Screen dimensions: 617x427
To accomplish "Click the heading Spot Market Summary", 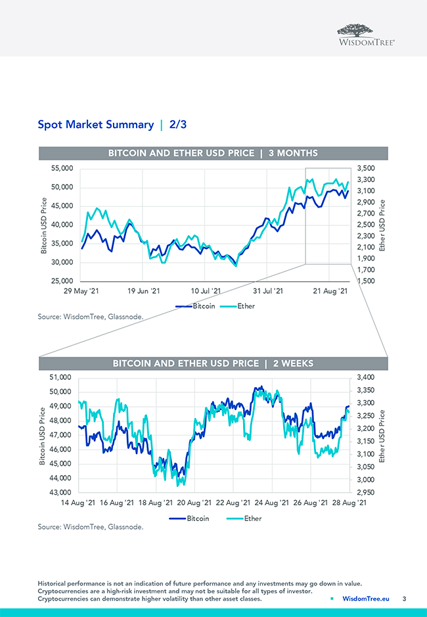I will coord(95,124).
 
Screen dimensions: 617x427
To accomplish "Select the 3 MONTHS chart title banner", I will coord(213,153).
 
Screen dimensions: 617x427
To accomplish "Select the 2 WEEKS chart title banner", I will coord(213,363).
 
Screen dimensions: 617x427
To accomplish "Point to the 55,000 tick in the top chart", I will coord(62,169).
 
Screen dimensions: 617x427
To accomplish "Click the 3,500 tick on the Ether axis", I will coord(366,169).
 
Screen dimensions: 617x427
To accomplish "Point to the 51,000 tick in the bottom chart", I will coord(62,377).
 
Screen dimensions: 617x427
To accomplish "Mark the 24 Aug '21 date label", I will coord(272,503).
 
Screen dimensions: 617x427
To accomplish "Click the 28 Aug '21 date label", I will coord(348,503).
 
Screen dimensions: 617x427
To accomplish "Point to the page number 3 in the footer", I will coord(405,599).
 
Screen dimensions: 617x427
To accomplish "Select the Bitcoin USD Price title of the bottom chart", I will coord(43,436).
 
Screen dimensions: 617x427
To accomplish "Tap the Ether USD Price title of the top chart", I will coord(382,225).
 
